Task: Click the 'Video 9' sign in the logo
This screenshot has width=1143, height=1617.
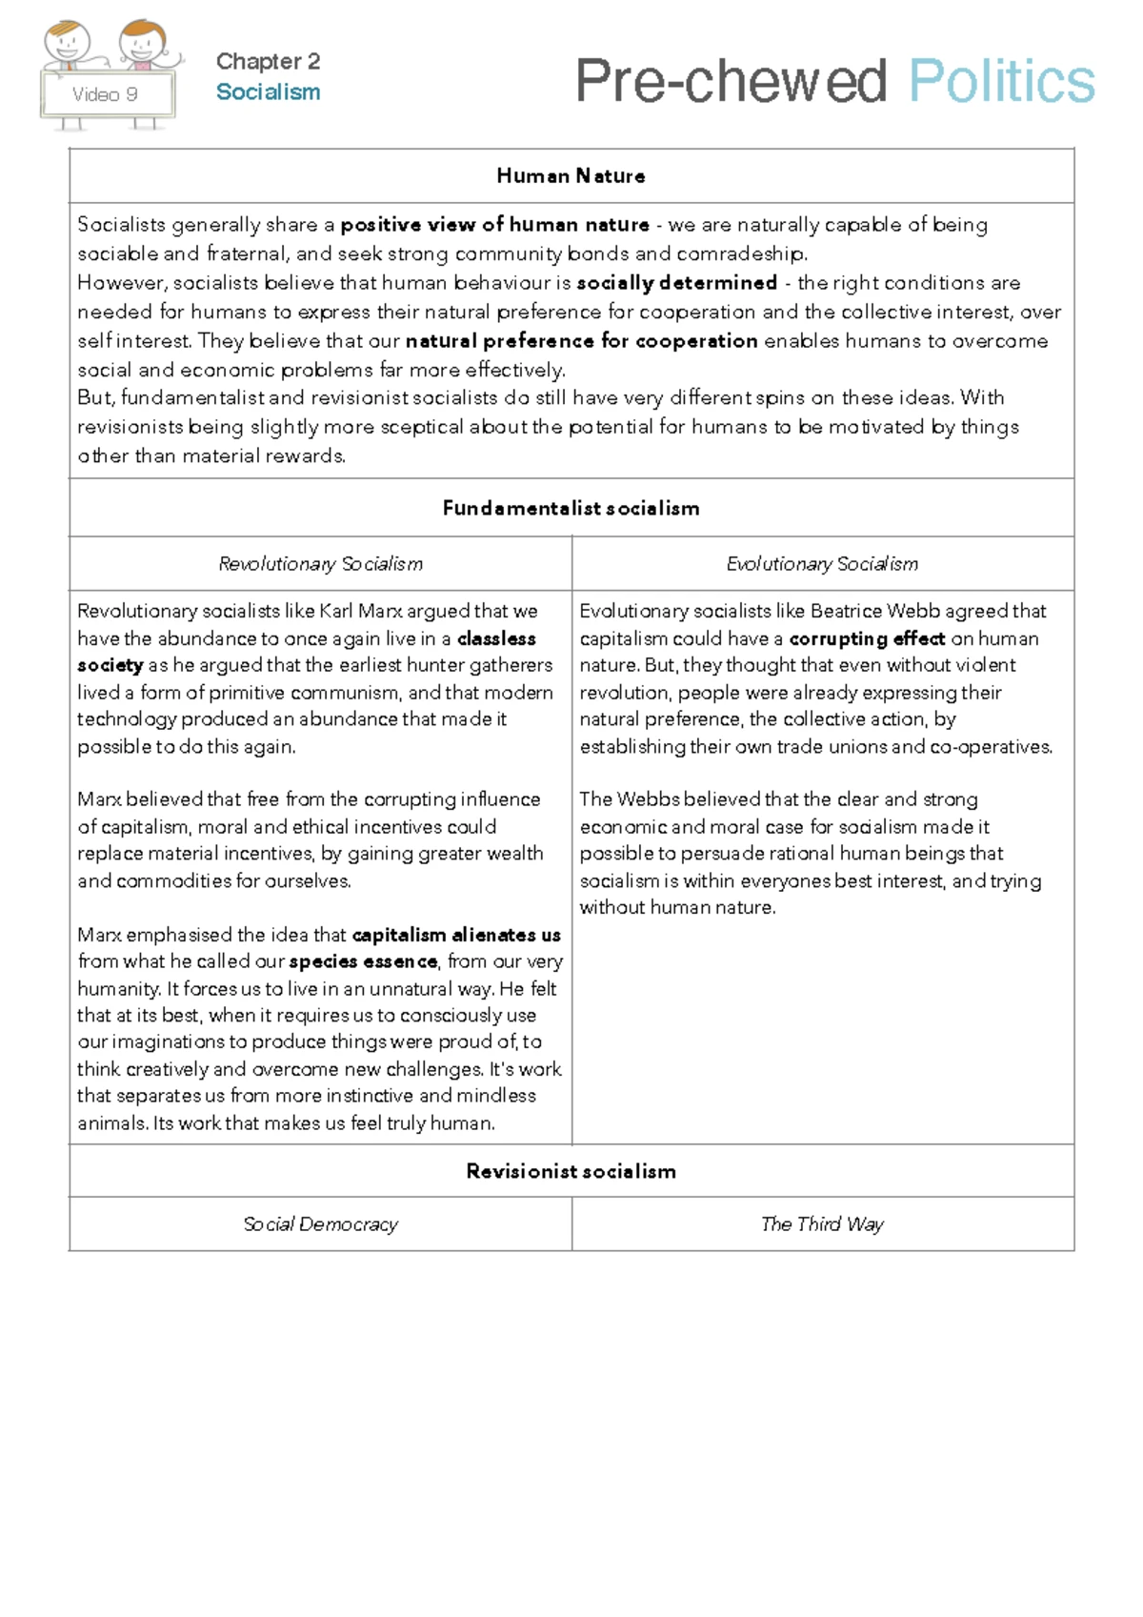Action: (106, 94)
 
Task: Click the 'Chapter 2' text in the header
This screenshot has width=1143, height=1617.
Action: (268, 61)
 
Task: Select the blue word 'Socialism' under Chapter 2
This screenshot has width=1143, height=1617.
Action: (268, 92)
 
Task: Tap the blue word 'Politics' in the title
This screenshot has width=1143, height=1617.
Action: (1001, 81)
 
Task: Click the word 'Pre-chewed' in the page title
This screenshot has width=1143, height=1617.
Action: (731, 81)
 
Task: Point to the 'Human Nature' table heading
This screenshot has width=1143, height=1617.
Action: (571, 176)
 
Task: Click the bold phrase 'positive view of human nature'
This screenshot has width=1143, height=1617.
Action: (494, 225)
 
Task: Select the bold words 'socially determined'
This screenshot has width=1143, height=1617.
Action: (676, 283)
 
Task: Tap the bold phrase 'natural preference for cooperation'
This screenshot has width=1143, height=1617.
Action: (581, 341)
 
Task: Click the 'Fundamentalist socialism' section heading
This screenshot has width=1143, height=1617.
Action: (571, 509)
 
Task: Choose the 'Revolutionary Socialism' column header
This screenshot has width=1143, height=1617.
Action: (320, 564)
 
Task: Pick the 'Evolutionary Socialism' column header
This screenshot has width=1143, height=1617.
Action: (822, 564)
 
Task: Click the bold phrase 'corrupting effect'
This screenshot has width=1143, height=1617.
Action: (867, 639)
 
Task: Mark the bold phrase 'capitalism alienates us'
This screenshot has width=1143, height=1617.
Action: (456, 936)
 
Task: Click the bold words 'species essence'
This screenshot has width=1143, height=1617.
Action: (363, 962)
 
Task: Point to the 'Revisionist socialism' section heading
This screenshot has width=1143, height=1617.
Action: (571, 1172)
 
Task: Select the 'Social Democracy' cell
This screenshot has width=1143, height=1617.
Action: (320, 1224)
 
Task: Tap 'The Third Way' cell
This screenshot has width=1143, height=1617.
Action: (822, 1224)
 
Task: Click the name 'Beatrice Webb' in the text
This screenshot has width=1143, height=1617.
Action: (874, 612)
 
